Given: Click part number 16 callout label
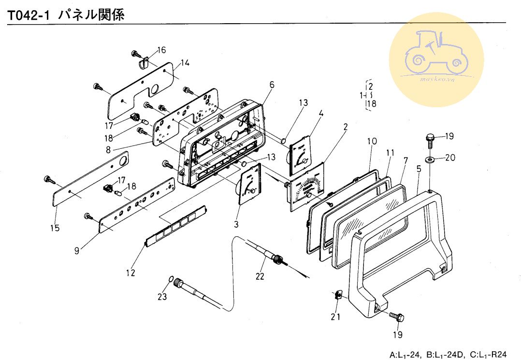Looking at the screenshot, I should click(161, 50).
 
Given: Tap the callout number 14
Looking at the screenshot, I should click(185, 63).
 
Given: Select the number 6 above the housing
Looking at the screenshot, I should click(272, 85).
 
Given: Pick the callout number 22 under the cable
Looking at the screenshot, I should click(260, 276).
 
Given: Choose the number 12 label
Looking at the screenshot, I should click(130, 273).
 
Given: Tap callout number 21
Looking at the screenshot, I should click(335, 317).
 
